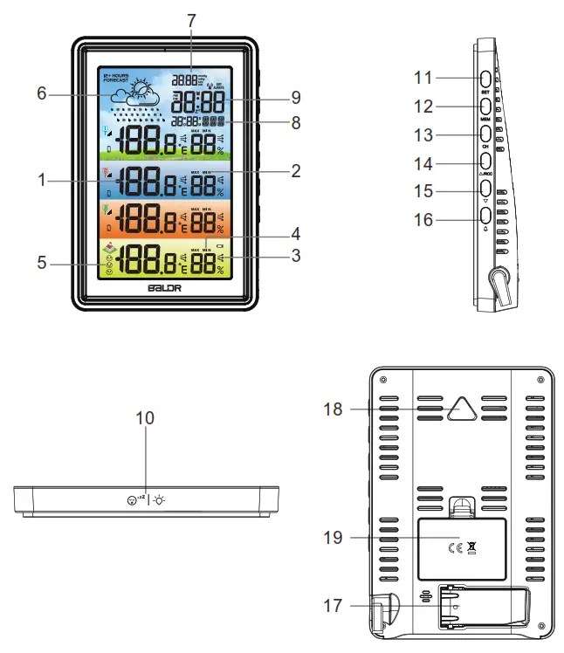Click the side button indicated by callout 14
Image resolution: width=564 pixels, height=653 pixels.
[485, 162]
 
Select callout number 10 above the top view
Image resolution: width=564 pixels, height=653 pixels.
[145, 418]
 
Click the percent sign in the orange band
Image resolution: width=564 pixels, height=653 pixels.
[221, 229]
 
